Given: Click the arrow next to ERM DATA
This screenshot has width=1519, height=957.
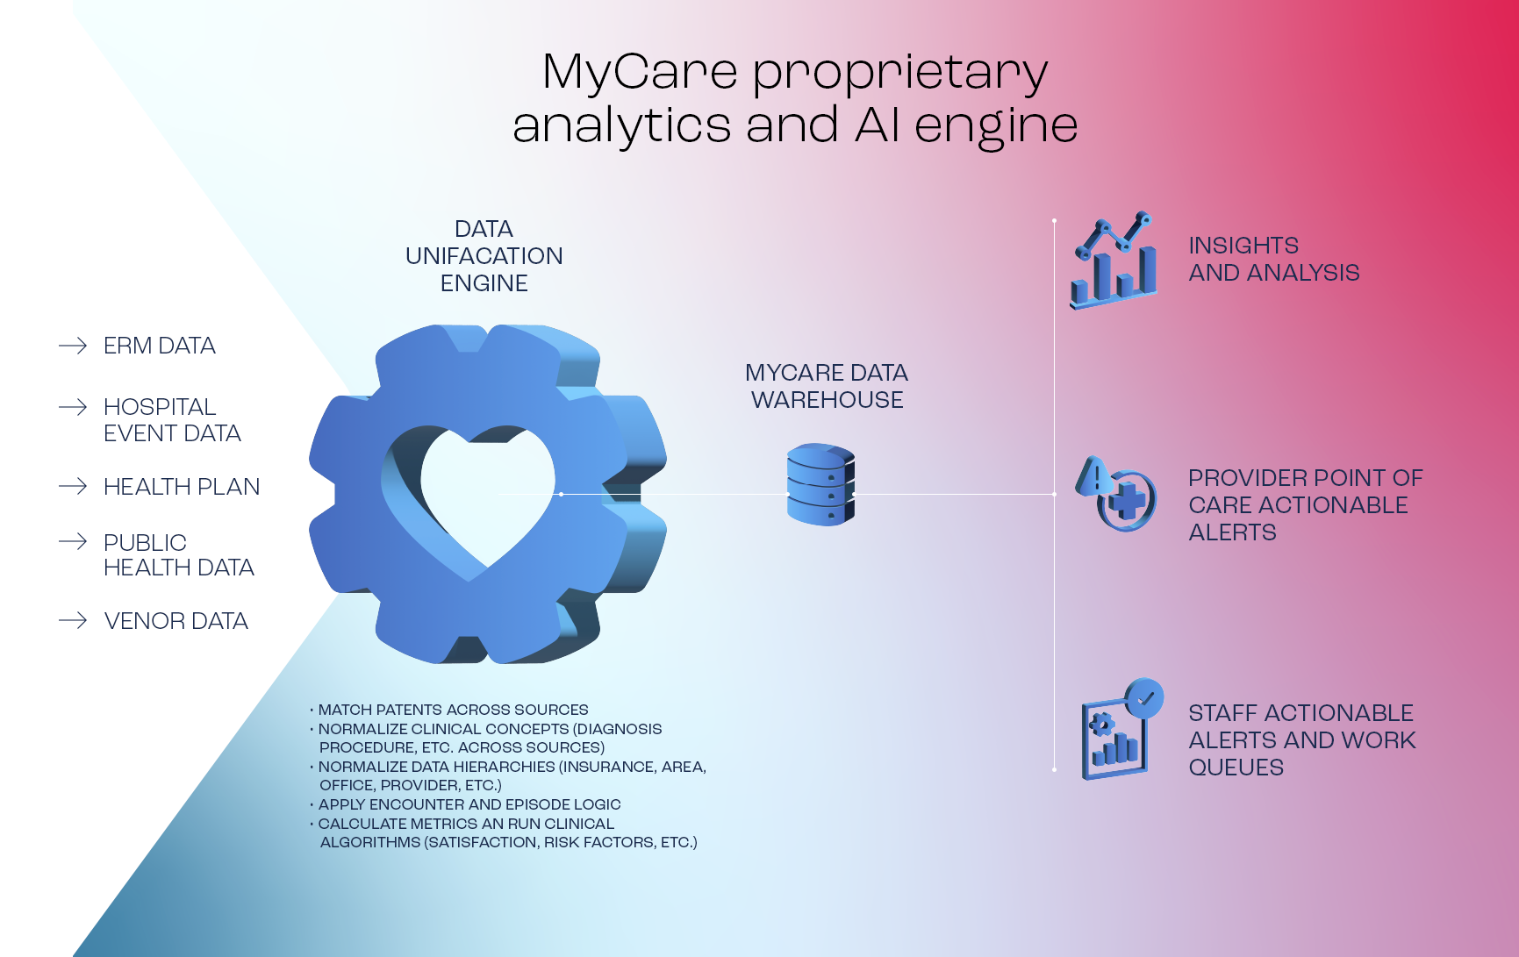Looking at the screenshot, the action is click(73, 346).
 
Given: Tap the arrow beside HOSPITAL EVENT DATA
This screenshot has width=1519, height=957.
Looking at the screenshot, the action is click(73, 407).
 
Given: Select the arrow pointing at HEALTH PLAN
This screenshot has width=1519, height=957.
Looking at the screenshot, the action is click(73, 486).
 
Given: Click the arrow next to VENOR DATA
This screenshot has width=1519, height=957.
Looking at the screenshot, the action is click(73, 621).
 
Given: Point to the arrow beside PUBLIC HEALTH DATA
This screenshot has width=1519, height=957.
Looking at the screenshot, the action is click(73, 542).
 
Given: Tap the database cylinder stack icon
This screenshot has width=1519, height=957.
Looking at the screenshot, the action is click(820, 484).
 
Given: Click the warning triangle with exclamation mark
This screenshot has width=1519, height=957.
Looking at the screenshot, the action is click(1094, 477).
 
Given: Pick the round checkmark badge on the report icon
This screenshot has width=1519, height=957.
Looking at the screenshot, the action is click(1144, 699).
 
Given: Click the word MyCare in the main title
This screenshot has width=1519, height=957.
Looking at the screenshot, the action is click(640, 72).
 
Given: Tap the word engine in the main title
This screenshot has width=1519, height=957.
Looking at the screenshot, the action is click(995, 126).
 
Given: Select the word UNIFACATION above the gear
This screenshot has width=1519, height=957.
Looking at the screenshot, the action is click(484, 256).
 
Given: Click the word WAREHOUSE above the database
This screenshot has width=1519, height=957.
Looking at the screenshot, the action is click(827, 400).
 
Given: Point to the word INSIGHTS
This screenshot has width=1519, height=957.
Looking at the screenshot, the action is click(1243, 246).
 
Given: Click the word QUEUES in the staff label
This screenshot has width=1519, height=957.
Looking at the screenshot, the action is click(1236, 768).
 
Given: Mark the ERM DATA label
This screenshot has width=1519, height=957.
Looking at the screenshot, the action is click(159, 346).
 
